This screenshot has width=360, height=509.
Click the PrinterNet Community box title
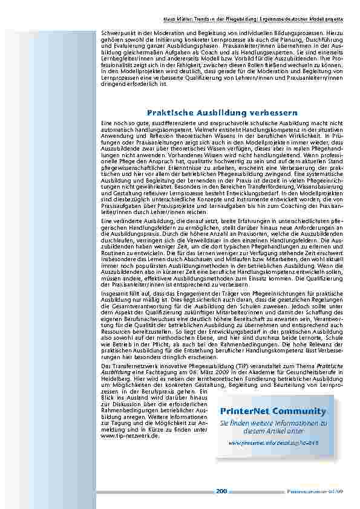pos(286,412)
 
